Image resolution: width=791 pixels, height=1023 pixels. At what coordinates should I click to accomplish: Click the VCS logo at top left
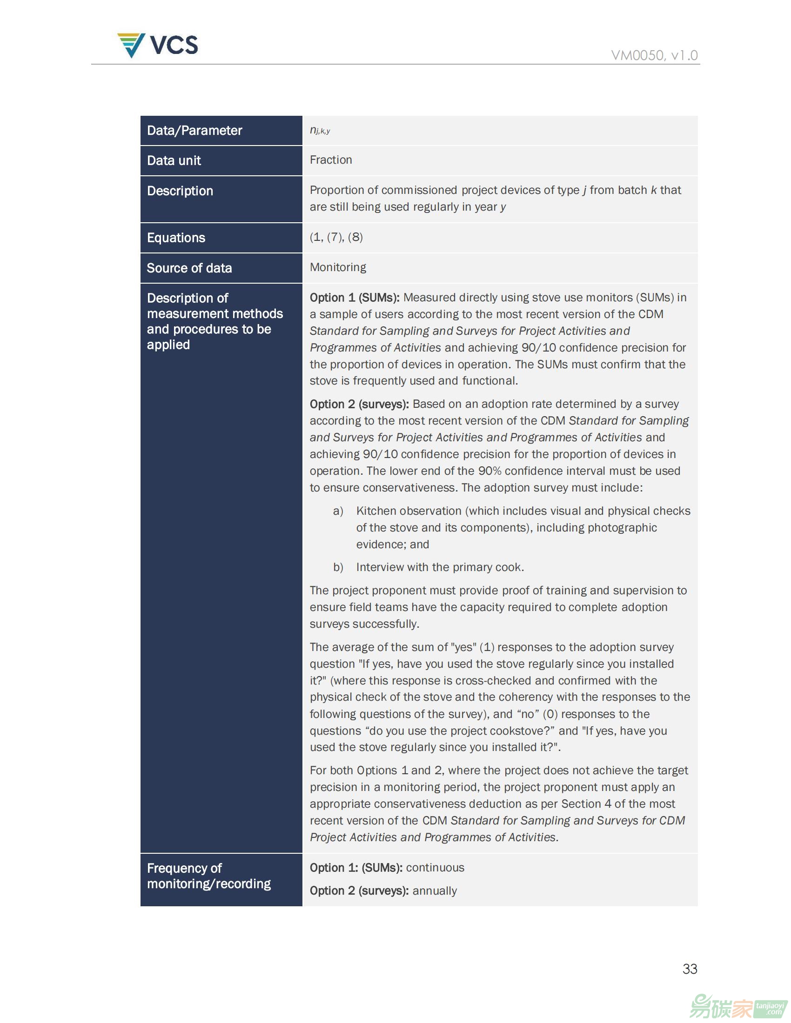157,46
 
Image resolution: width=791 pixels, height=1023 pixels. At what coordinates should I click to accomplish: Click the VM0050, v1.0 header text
654,55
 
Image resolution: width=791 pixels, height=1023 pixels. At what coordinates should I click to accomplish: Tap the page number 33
689,969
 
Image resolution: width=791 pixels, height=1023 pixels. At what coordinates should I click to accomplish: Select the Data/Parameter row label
194,130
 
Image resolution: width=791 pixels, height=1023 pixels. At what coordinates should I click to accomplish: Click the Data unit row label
174,160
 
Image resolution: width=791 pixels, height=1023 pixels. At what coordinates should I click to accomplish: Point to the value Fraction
330,159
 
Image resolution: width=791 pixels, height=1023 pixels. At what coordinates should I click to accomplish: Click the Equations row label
176,238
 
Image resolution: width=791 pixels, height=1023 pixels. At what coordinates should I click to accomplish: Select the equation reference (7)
335,237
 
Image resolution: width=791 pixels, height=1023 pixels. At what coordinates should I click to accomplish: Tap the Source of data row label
189,268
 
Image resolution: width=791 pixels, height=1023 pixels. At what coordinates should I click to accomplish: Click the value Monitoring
338,267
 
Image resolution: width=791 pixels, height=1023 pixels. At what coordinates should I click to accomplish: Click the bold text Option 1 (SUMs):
354,298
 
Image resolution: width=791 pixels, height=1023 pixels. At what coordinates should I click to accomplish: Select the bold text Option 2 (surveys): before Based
359,404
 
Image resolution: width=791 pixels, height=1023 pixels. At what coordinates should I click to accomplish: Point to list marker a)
338,511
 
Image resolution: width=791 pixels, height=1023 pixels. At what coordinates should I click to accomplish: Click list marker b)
338,567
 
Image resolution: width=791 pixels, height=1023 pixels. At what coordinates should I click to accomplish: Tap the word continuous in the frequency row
435,868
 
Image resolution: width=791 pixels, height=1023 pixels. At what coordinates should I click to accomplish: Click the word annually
435,890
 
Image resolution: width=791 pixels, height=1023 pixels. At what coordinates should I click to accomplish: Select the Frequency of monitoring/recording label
208,876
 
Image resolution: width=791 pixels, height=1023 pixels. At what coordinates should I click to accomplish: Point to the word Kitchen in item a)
374,511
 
